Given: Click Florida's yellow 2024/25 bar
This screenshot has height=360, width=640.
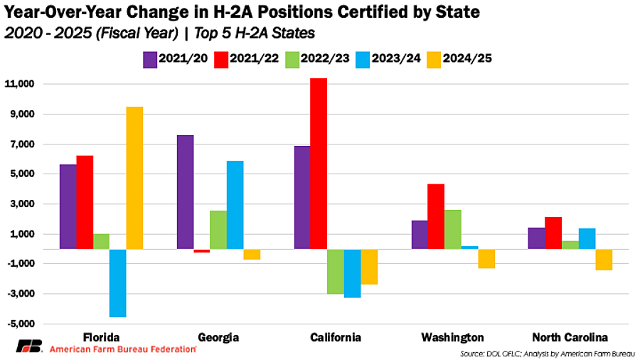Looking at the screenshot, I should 135,178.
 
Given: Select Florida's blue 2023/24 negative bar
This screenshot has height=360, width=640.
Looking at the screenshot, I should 118,282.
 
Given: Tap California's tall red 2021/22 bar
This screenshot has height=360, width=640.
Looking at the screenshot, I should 319,164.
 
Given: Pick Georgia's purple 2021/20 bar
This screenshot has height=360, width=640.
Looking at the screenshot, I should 185,192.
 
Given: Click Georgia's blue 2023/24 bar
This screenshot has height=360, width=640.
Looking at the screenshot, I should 235,205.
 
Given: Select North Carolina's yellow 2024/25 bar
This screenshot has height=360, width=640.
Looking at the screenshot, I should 604,260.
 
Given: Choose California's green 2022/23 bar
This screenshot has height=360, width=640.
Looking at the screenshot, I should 336,271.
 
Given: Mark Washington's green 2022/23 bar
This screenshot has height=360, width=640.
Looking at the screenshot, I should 453,229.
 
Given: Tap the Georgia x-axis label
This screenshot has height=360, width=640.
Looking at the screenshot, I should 218,337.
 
